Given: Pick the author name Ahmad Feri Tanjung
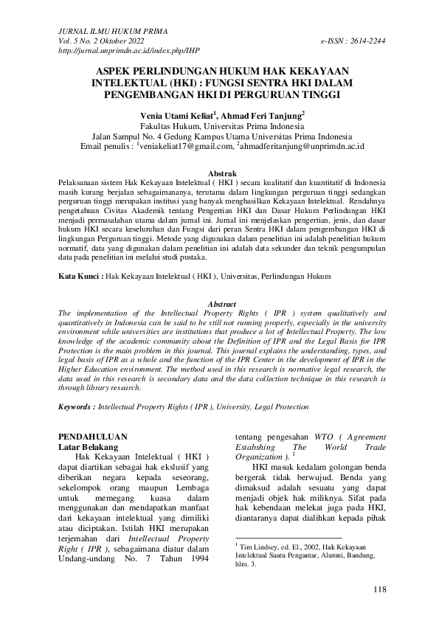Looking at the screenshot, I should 261,115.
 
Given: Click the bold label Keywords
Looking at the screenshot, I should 76,406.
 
